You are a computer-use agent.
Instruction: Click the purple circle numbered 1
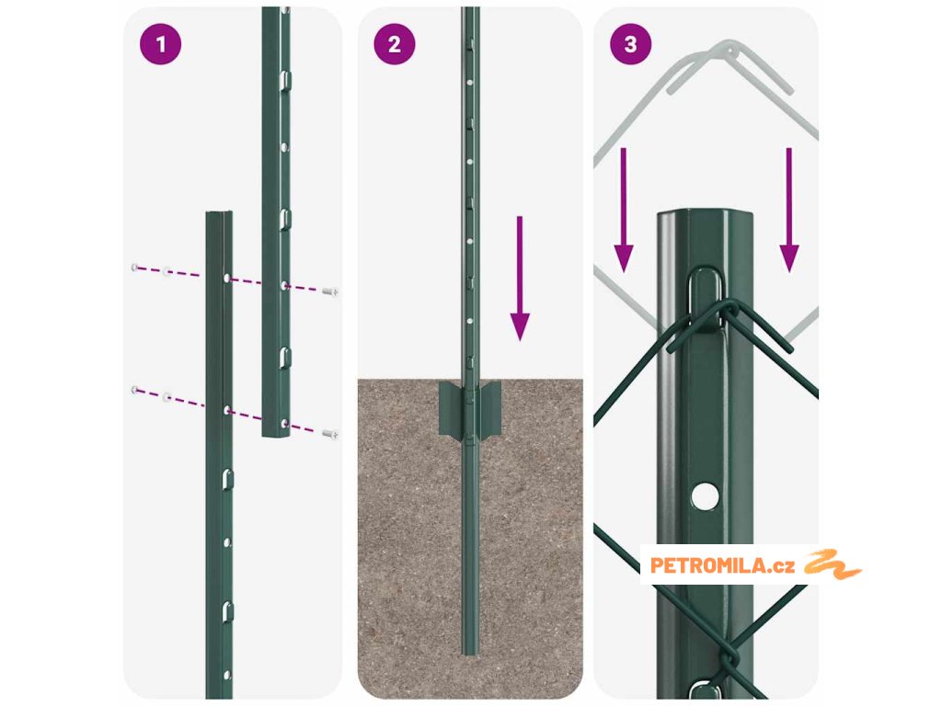pos(160,44)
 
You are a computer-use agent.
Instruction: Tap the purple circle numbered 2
pos(394,44)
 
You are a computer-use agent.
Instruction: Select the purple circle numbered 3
pos(630,44)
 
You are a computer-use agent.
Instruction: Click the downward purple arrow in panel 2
pos(520,279)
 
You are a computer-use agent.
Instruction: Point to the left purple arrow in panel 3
pos(624,211)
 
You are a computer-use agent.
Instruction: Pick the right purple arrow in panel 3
pos(788,211)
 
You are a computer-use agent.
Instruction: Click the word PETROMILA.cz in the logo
pos(722,565)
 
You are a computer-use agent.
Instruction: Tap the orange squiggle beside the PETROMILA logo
pos(833,564)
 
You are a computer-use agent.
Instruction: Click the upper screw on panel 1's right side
pos(330,291)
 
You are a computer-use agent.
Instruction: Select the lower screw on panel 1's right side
pos(330,434)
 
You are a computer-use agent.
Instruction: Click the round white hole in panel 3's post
pos(705,495)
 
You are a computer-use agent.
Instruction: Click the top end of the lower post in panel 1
pos(219,212)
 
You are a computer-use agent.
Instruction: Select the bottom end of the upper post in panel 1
pos(276,435)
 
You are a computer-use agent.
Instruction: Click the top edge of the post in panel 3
pos(705,212)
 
